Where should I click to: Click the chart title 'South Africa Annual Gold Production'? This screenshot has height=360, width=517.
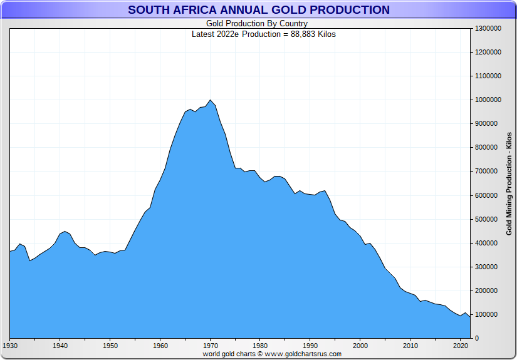pos(258,10)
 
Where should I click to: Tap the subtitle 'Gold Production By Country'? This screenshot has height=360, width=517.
pos(257,24)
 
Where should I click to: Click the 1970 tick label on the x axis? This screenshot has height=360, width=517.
pos(211,345)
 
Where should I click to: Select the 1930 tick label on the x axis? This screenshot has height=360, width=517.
pos(10,345)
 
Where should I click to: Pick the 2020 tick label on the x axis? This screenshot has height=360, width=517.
pos(461,345)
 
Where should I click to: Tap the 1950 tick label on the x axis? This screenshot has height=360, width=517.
pos(110,345)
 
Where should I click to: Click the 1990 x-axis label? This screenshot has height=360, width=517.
pos(311,345)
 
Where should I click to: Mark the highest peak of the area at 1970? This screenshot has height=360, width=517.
pos(211,100)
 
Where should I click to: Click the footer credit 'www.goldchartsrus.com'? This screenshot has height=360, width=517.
pos(303,354)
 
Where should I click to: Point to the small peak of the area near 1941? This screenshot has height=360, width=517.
pos(65,232)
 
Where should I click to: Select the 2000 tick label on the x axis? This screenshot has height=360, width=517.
pos(360,345)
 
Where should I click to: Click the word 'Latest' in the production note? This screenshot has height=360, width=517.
pos(204,34)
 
